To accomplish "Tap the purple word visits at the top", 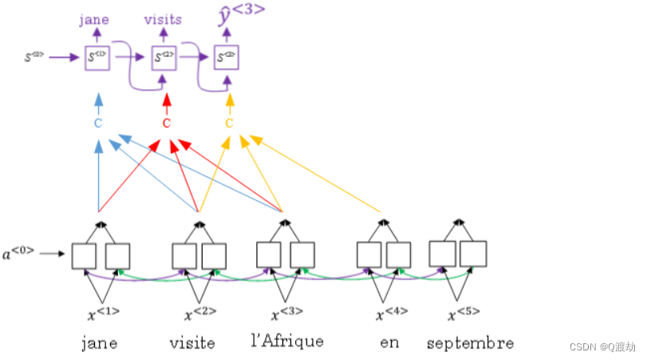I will tap(163, 19).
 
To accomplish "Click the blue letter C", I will tap(98, 124).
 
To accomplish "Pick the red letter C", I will tap(166, 124).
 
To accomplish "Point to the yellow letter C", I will tap(229, 124).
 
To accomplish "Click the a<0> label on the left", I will tap(18, 254).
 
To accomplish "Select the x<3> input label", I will tap(286, 312).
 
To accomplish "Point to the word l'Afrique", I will tap(287, 342).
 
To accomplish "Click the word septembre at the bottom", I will tap(470, 344).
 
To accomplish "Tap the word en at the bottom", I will tap(389, 342).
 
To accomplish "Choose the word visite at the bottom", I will tap(192, 343).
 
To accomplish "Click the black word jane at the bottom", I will tap(99, 343).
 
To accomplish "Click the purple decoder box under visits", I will tap(163, 58).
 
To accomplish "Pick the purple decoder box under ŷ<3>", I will tap(227, 58).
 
